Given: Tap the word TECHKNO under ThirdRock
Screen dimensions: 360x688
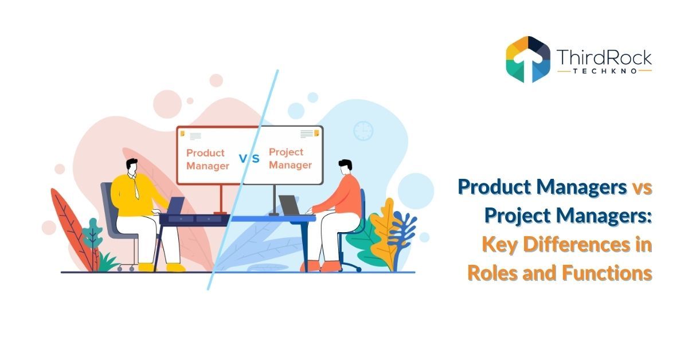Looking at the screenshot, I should point(604,71).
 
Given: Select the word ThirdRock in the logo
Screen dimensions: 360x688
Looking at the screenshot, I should point(604,57).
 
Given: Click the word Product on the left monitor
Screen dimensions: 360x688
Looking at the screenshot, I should point(205,154).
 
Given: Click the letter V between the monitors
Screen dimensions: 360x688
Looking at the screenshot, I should point(242,159).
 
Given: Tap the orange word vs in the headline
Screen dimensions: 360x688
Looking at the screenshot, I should point(641,187).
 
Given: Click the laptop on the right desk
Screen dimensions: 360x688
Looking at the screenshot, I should point(290,205).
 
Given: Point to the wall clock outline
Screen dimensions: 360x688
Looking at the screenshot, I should point(363,131).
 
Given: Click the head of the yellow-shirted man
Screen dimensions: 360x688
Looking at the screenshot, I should point(131,166).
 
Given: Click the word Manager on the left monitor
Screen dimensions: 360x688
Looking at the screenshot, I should point(208,166).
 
